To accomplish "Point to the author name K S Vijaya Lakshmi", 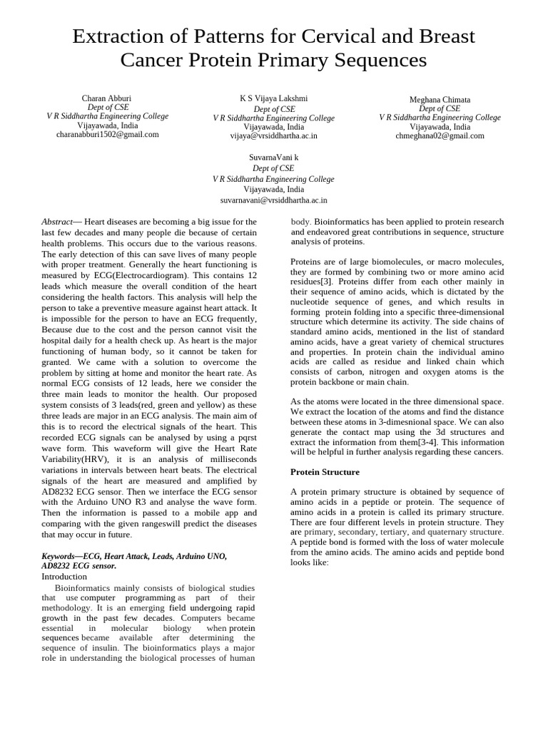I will click(273, 98).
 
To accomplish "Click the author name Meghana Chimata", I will click(440, 99).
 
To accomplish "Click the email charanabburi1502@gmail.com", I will click(108, 134).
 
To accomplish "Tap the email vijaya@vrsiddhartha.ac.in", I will click(273, 135).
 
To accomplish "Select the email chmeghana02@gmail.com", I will click(440, 135).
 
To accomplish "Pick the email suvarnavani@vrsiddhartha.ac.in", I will click(273, 201).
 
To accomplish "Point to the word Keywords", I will click(61, 555).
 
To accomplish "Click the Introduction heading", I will click(64, 576).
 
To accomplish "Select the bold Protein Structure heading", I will click(325, 472).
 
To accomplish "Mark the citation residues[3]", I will click(313, 282).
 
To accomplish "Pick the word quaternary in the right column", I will click(432, 532).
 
